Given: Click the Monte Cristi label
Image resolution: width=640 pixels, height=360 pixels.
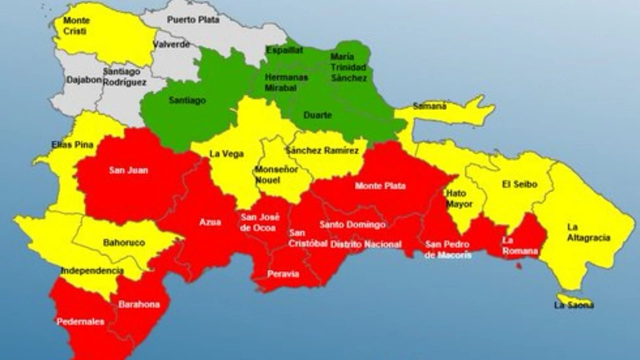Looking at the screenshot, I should (76, 26).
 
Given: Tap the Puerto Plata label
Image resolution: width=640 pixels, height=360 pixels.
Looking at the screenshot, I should (193, 20).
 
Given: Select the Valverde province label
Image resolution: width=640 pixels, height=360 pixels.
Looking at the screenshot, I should (171, 44).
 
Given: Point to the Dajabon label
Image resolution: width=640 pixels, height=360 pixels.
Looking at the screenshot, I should (84, 80).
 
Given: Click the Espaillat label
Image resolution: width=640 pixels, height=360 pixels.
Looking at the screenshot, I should (284, 50).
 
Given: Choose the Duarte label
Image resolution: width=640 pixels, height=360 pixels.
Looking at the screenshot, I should (317, 115).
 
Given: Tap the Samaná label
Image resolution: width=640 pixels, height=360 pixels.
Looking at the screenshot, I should (429, 106).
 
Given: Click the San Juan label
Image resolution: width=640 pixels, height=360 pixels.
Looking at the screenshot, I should (128, 170).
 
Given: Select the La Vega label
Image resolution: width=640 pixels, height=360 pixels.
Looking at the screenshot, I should (226, 154).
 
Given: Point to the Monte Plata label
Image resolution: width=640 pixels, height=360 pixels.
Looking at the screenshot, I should (380, 186).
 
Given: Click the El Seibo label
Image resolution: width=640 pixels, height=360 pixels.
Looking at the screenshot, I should (519, 184).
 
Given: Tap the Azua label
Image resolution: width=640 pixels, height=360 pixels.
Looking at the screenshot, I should (210, 222).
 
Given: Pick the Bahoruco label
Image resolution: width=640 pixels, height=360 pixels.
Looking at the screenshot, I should (124, 242).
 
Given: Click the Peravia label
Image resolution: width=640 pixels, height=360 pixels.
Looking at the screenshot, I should (283, 274).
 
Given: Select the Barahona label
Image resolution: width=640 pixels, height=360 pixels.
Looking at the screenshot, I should (139, 304).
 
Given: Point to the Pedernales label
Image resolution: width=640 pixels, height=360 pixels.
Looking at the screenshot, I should (80, 322).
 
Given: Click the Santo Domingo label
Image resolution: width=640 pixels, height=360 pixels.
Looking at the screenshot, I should (352, 225).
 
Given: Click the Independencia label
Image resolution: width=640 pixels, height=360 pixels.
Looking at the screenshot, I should (92, 271).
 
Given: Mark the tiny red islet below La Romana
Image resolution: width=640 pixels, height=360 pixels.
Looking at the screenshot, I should (519, 266).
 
